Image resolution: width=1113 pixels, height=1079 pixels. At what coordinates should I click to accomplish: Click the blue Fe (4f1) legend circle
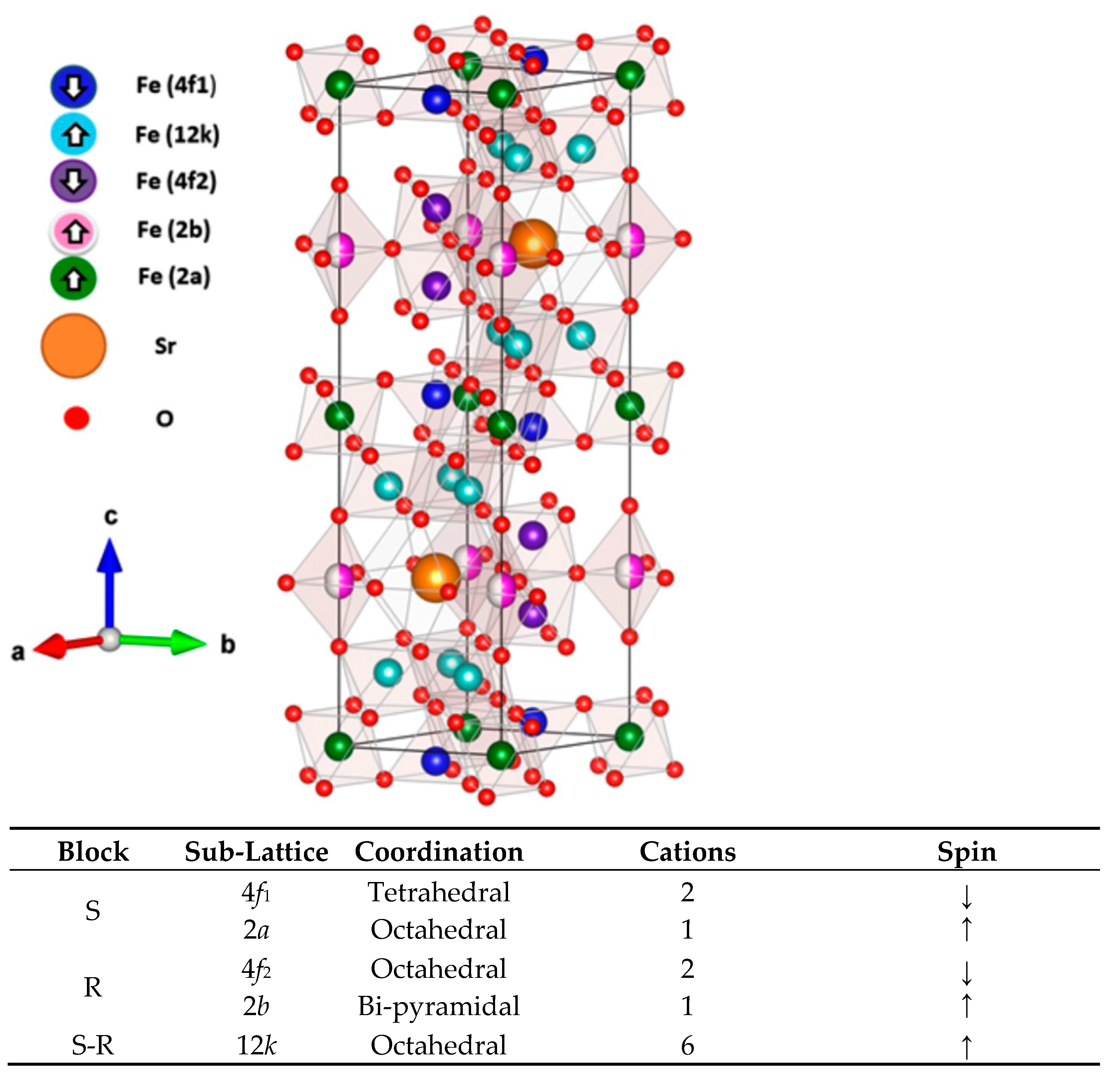point(73,86)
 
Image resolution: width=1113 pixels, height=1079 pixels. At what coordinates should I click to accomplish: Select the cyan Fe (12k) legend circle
point(73,134)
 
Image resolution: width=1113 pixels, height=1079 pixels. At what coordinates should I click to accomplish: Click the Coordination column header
point(439,851)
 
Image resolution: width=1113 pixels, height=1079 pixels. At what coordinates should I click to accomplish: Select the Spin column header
point(967,851)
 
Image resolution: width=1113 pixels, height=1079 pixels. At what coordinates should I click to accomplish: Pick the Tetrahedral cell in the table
point(439,892)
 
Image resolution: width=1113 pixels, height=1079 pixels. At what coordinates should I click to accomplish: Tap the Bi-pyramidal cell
point(439,1006)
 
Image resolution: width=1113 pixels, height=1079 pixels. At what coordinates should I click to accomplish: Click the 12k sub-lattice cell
point(256,1045)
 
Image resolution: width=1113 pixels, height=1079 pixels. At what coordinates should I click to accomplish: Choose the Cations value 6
point(687,1045)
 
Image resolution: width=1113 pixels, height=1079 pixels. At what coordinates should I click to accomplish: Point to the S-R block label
point(93,1045)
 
